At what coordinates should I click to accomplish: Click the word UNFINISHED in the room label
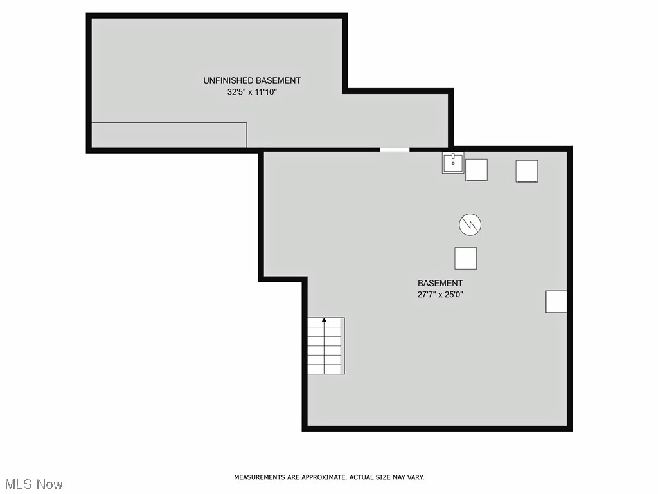pos(228,80)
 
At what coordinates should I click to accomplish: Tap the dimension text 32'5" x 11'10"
pos(252,92)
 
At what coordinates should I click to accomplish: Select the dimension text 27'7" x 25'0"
pos(440,295)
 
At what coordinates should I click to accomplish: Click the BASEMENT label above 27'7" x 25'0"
pos(440,283)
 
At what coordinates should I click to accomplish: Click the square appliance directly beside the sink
pos(476,170)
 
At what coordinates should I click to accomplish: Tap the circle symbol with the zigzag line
pos(470,224)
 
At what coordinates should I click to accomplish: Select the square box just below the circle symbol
pos(466,258)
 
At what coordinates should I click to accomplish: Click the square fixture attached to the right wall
pos(556,301)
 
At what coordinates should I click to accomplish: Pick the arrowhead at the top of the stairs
pos(325,319)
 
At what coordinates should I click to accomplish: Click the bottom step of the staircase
pos(325,369)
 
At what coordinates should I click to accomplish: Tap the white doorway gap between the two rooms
pos(394,150)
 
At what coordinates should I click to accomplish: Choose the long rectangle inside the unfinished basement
pos(169,135)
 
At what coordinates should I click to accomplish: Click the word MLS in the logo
pos(17,484)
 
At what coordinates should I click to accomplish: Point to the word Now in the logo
pos(49,484)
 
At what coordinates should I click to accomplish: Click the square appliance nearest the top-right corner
pos(526,170)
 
